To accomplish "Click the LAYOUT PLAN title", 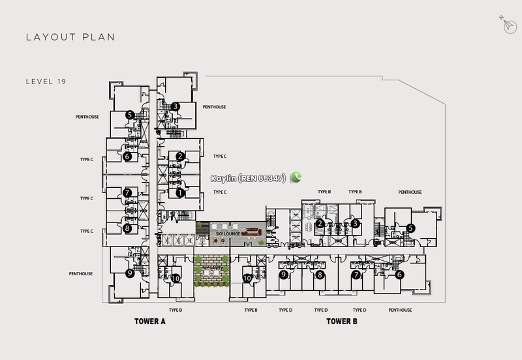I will click(70, 37).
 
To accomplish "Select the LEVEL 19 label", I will click(46, 82).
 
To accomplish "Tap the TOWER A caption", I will click(150, 322).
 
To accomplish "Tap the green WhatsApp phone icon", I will click(297, 177).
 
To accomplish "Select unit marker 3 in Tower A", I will click(176, 106).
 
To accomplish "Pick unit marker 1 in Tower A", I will click(180, 192).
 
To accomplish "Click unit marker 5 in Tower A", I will click(130, 115).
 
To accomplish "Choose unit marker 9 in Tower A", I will click(130, 274).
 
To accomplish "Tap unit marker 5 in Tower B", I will click(410, 228).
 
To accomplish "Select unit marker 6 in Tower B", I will click(399, 275).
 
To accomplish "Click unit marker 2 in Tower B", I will click(320, 224).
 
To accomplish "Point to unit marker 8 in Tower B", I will click(320, 275).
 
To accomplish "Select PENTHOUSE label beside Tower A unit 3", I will click(214, 106).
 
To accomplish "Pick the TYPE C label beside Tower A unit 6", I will click(87, 158).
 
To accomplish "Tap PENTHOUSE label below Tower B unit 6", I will click(400, 310).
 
